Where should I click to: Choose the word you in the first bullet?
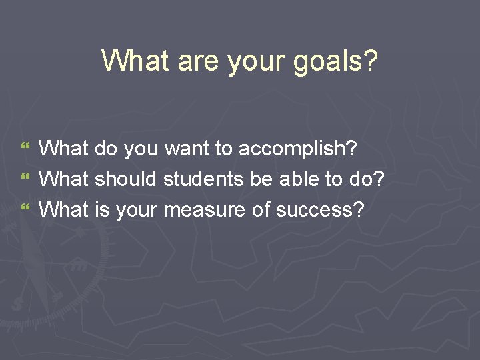point(139,150)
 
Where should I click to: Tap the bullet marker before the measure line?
point(26,210)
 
